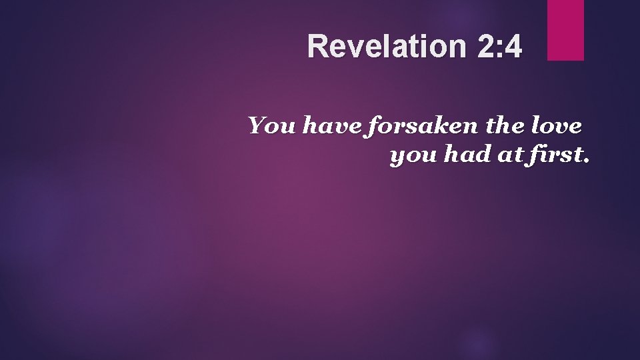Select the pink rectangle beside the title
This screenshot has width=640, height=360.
point(565,29)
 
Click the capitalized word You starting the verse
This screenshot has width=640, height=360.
point(272,125)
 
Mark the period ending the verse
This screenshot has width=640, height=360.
point(585,162)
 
